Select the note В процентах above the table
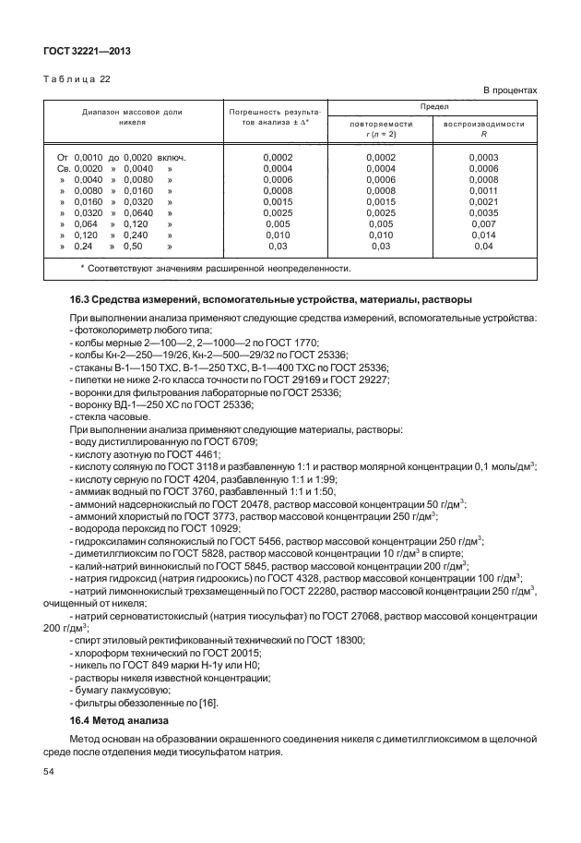pyautogui.click(x=511, y=90)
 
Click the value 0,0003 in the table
pyautogui.click(x=484, y=158)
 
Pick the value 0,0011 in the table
pyautogui.click(x=484, y=192)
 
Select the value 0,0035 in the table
pyautogui.click(x=484, y=213)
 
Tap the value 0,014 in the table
pyautogui.click(x=484, y=235)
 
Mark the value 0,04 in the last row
pyautogui.click(x=484, y=247)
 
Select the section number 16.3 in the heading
pyautogui.click(x=80, y=299)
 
